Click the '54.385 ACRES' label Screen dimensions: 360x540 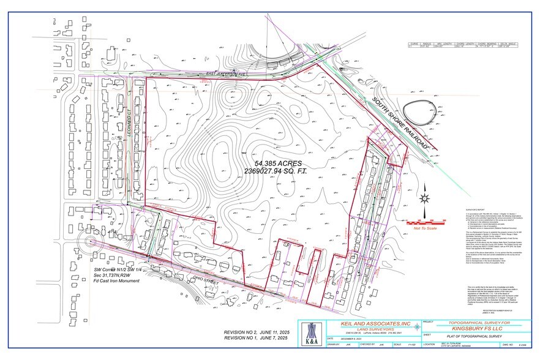(x=276, y=164)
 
